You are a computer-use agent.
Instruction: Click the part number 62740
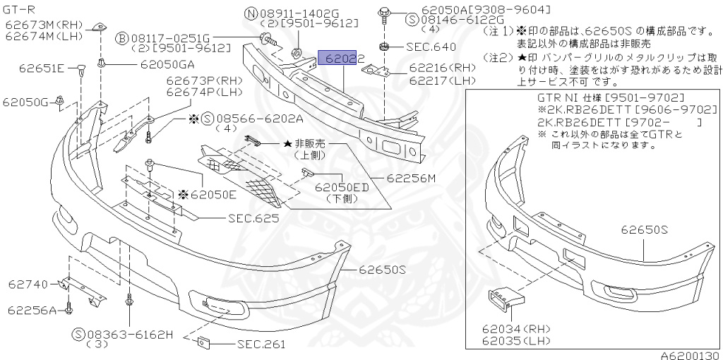(x=28, y=284)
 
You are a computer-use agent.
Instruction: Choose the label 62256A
(x=32, y=310)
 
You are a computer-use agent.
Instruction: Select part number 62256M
(x=411, y=178)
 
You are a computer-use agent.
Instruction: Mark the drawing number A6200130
(x=689, y=354)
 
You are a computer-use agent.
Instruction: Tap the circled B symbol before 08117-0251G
(x=121, y=37)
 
